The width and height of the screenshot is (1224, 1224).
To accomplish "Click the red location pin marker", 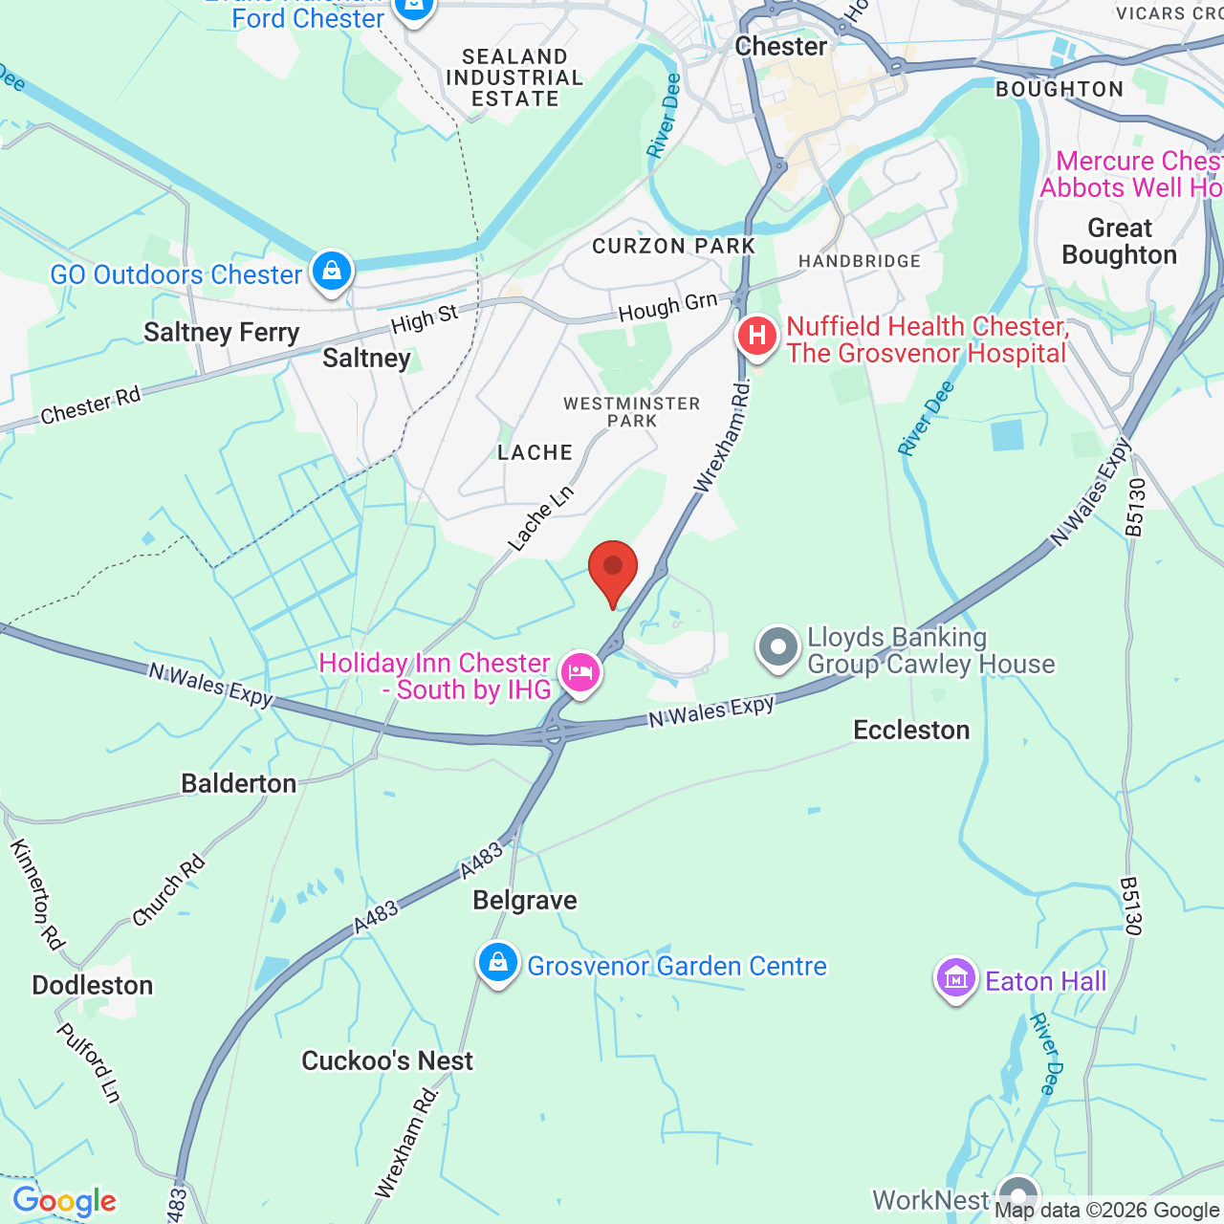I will (x=613, y=570).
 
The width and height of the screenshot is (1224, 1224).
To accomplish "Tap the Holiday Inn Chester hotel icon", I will (x=580, y=673).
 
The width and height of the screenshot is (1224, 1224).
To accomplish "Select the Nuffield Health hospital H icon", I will (x=756, y=337).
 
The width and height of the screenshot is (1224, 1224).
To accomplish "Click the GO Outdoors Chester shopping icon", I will (x=332, y=272).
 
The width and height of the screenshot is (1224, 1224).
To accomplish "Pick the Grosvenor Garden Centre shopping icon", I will (x=498, y=963).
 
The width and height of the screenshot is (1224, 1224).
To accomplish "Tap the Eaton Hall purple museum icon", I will (x=955, y=979).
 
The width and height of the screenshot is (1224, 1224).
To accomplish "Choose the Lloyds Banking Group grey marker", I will (x=778, y=648).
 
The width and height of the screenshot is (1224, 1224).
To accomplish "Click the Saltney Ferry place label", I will (x=221, y=333).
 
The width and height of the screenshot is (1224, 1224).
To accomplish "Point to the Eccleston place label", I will (x=911, y=731).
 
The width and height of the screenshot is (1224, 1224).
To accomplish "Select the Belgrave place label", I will (x=525, y=901).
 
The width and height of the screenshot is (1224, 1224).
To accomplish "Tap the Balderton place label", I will (x=239, y=784).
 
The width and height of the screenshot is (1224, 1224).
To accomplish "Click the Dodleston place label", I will (x=93, y=986).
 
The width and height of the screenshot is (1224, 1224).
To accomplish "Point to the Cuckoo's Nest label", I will (x=387, y=1061).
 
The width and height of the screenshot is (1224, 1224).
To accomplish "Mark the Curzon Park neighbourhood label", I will (x=674, y=247).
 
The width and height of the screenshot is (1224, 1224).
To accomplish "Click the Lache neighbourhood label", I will (x=535, y=453).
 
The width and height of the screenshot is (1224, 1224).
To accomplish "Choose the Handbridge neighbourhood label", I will (x=860, y=262).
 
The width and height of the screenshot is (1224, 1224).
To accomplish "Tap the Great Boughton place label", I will (x=1119, y=242).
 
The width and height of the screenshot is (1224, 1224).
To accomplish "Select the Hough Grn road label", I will (x=667, y=308).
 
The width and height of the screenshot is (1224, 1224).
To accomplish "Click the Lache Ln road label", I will (x=541, y=518).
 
